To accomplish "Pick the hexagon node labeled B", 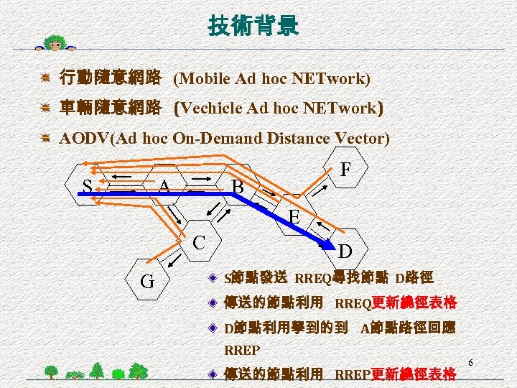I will click(x=238, y=186).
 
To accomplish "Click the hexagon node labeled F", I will click(x=345, y=170).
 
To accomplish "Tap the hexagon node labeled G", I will click(x=148, y=281).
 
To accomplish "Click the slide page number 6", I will click(x=471, y=361).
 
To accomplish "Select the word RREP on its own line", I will click(x=243, y=351).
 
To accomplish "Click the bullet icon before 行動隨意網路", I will click(x=45, y=78).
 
